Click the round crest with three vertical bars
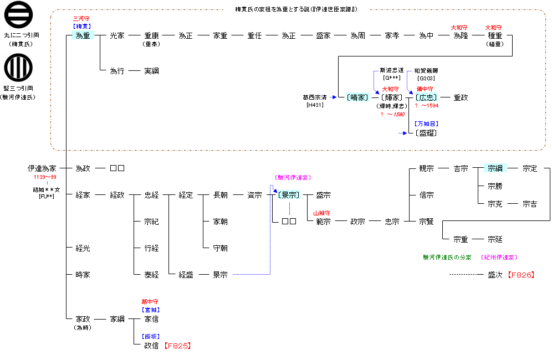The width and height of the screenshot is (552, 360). (18, 68)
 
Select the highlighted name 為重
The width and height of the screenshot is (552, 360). (83, 35)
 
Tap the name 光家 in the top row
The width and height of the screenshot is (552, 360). (117, 35)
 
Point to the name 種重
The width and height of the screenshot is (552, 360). (495, 35)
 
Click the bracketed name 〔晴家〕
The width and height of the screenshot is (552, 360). (357, 97)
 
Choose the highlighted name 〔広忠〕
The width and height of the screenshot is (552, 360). (426, 97)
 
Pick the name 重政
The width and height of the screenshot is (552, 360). (461, 97)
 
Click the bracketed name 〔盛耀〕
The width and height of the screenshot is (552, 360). (426, 133)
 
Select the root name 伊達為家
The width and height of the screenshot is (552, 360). (42, 168)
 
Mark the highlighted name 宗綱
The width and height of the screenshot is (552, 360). (495, 168)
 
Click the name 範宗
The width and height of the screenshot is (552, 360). (323, 222)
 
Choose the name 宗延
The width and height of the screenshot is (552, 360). (495, 239)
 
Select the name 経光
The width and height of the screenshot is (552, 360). (83, 248)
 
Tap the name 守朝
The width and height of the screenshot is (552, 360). (220, 248)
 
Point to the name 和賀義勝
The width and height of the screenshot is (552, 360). (426, 71)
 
